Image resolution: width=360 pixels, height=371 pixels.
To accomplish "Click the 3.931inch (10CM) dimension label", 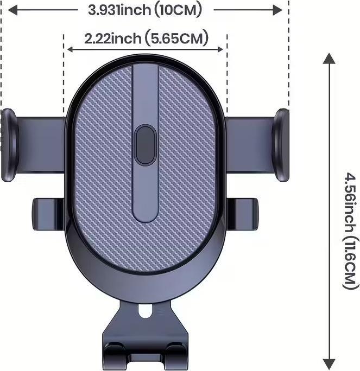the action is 145,10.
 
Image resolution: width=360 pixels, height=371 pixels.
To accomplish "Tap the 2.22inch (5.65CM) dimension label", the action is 147,38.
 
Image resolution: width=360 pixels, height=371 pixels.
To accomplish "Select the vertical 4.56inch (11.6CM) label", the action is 350,232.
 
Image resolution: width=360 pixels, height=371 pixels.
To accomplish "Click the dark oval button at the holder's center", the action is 145,145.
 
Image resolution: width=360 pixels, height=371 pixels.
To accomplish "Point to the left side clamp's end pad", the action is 9,145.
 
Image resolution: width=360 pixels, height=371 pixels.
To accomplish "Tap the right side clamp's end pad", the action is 280,145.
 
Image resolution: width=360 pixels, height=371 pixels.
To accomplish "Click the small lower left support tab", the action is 48,214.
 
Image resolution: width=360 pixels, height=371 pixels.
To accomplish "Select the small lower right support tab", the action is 242,214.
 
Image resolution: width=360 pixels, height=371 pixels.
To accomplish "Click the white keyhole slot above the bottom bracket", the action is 145,311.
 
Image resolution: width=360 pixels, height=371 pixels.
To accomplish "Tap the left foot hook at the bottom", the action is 116,355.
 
